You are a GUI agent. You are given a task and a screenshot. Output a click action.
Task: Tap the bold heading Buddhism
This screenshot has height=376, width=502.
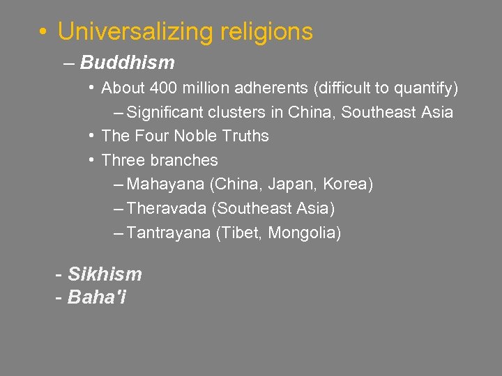pyautogui.click(x=127, y=63)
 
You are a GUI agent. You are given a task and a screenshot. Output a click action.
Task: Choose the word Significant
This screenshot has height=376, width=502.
pyautogui.click(x=169, y=112)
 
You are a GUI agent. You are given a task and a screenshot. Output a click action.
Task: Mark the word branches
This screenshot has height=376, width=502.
pyautogui.click(x=183, y=160)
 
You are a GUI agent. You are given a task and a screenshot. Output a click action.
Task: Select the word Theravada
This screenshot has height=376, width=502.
pyautogui.click(x=167, y=208)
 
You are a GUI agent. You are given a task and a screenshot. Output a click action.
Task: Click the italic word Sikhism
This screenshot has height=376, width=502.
pyautogui.click(x=105, y=274)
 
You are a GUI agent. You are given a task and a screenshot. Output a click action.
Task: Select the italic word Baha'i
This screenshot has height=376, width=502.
pyautogui.click(x=97, y=297)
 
